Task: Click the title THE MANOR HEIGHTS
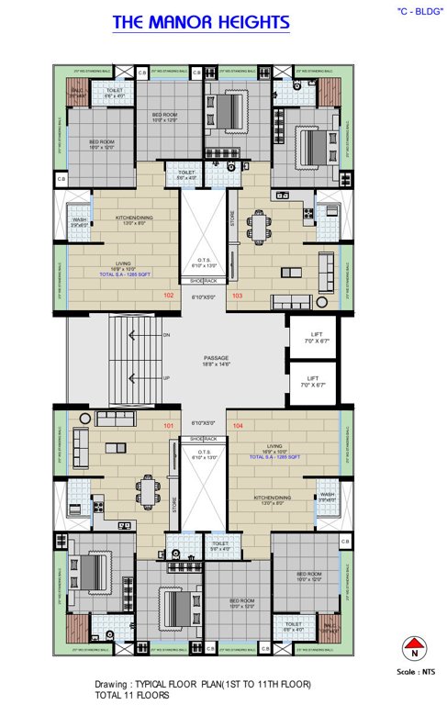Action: coord(201,23)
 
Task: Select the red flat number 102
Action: coord(169,296)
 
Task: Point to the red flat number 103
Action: coord(238,296)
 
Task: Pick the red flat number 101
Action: coord(169,426)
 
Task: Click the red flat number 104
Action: coord(239,426)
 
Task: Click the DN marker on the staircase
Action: coord(167,335)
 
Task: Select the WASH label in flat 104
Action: coord(328,496)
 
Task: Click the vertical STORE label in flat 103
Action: coord(232,220)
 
